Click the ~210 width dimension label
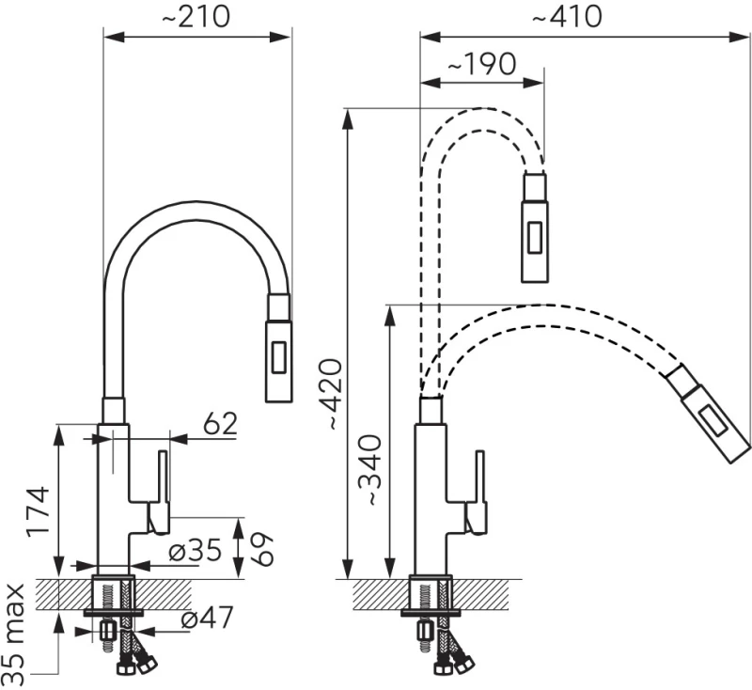click(196, 18)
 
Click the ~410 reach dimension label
click(568, 18)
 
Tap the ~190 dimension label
click(482, 64)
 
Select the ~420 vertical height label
click(331, 394)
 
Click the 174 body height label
click(38, 511)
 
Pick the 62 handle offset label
click(220, 424)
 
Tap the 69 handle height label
click(260, 549)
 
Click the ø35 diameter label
click(196, 551)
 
